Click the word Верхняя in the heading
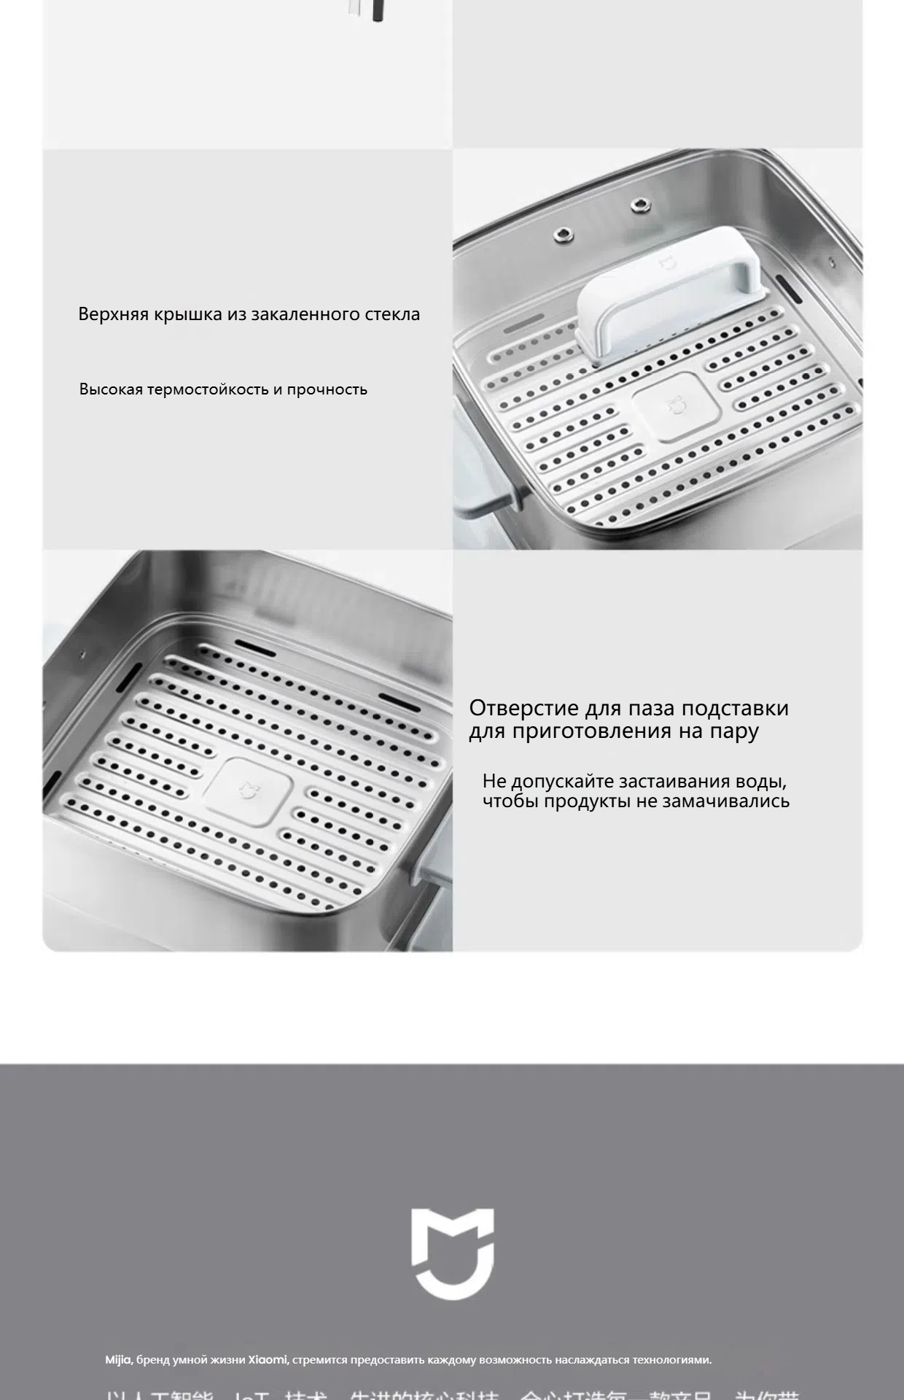[114, 314]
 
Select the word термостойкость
[208, 389]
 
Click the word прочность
[327, 389]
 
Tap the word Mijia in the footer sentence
[118, 1360]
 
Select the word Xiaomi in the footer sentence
[268, 1360]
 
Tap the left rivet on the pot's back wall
[562, 233]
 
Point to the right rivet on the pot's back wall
[639, 205]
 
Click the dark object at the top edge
[377, 10]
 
